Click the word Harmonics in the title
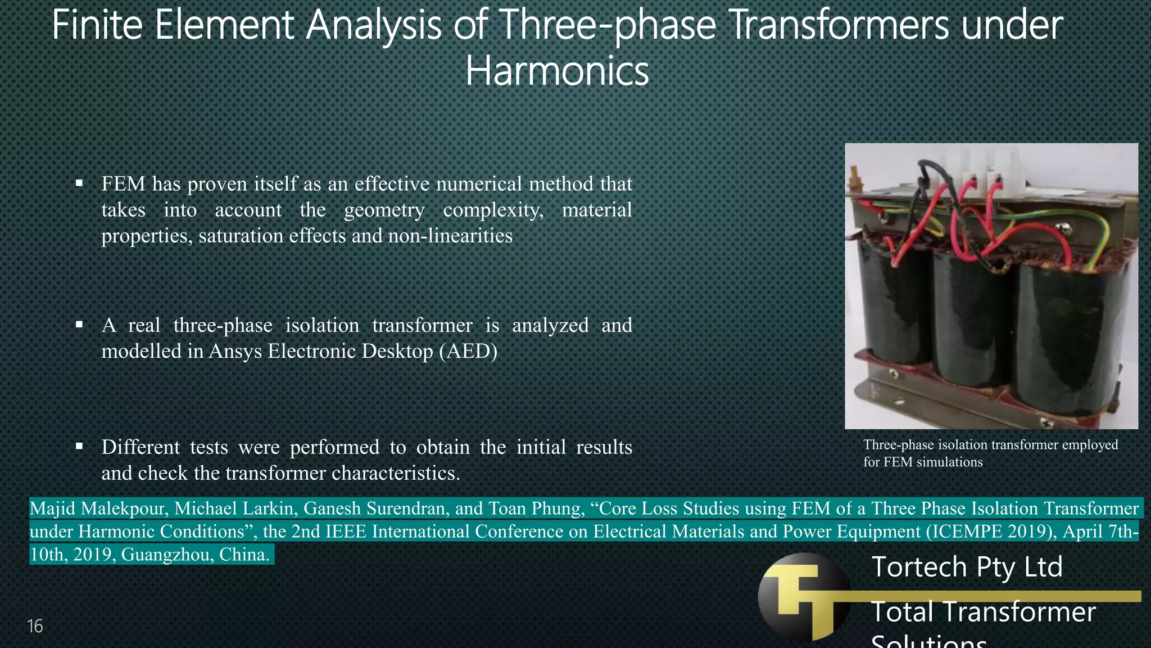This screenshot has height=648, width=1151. (557, 71)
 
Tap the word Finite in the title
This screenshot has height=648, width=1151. (97, 25)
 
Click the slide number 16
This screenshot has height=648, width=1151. (35, 626)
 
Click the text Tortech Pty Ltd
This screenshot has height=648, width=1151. (967, 566)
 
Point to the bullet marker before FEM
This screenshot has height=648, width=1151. (79, 183)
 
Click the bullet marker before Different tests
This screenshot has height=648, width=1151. (79, 446)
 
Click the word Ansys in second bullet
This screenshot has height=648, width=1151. (235, 351)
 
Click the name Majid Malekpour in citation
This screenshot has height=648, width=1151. (98, 508)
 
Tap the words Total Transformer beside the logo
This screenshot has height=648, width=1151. (983, 612)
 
